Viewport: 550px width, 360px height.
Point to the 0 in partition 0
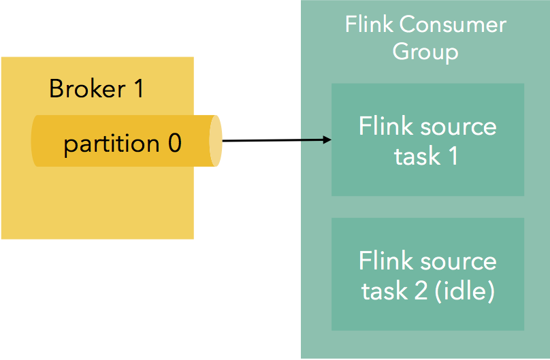pyautogui.click(x=174, y=144)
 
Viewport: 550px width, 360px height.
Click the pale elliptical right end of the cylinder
pyautogui.click(x=215, y=141)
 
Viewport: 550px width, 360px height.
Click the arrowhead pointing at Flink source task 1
pyautogui.click(x=327, y=140)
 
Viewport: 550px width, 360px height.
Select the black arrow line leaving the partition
pyautogui.click(x=272, y=141)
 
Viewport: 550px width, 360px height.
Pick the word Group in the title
pyautogui.click(x=425, y=52)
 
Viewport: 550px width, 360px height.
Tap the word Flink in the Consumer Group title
pyautogui.click(x=369, y=25)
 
